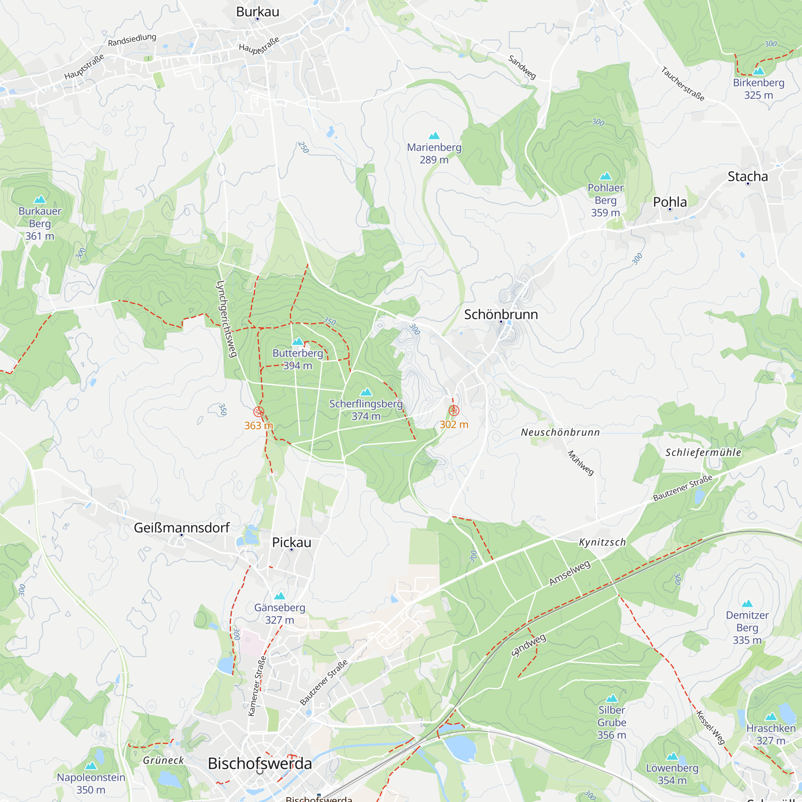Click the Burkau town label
pos(257,12)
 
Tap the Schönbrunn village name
pos(500,314)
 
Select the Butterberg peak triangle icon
pos(298,341)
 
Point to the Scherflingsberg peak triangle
pos(366,392)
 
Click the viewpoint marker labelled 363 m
pos(259,411)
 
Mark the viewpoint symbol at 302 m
pos(454,411)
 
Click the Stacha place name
pos(747,176)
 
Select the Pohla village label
pos(670,202)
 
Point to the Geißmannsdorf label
pos(181,528)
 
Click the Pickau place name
pos(292,542)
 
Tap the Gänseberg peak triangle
pos(279,596)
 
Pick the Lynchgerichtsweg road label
pos(227,319)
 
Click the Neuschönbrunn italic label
pos(560,433)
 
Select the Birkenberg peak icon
pos(758,71)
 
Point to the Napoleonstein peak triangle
pos(91,766)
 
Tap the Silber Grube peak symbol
pos(612,698)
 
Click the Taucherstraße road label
pos(683,83)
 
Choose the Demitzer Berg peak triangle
pos(747,603)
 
